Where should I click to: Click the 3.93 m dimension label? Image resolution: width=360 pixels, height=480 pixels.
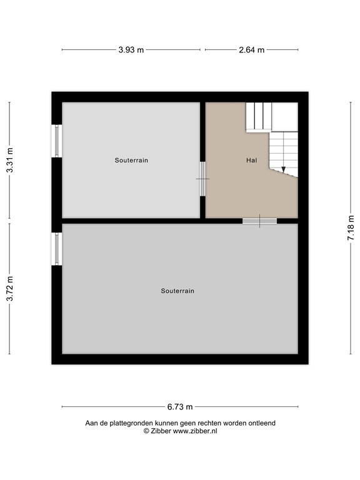[131, 50]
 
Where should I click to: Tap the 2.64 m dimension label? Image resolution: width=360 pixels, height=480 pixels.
[252, 50]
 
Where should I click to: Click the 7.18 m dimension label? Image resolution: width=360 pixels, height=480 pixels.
[351, 229]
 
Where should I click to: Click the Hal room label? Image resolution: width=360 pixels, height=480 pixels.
[251, 160]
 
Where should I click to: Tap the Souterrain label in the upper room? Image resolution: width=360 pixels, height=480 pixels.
[131, 160]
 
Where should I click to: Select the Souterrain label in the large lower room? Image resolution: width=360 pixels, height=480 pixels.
[177, 291]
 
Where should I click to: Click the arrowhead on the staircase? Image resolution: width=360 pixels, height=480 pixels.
[283, 168]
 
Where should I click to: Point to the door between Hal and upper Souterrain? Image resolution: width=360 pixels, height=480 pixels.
[202, 179]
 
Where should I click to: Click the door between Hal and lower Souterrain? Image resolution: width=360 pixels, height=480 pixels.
[259, 221]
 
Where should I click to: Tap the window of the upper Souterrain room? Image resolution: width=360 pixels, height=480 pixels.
[57, 141]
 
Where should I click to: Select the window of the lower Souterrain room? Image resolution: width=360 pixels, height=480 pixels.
[57, 249]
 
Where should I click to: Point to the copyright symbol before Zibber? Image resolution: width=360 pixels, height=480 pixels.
[146, 431]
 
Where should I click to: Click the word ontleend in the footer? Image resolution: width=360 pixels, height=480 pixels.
[261, 423]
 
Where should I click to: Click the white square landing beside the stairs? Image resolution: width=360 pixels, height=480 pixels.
[285, 116]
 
